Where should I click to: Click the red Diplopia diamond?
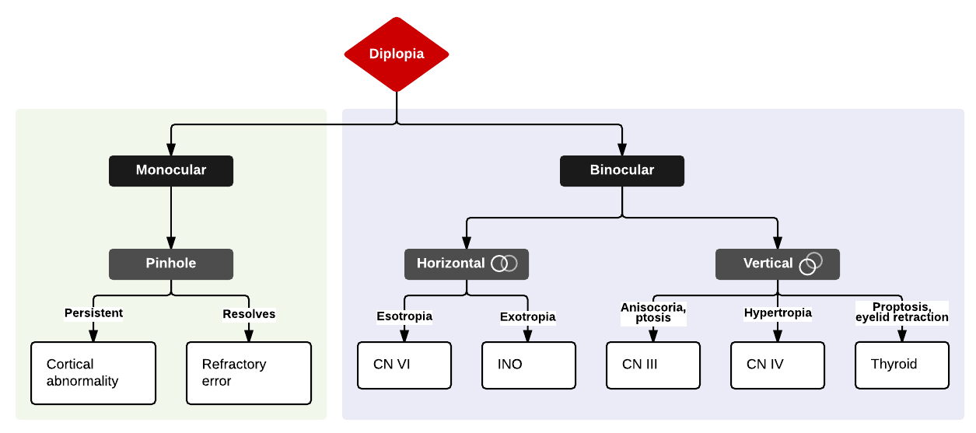click(397, 54)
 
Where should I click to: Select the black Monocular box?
click(171, 170)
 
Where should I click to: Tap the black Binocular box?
click(622, 170)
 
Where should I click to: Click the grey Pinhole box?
click(171, 264)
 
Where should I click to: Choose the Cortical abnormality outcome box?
click(93, 373)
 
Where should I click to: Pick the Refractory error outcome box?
click(249, 373)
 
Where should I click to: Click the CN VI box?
click(404, 365)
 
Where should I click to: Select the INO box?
click(529, 365)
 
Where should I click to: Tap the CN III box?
click(653, 365)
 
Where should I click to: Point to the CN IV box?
click(778, 365)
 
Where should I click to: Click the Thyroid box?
click(902, 365)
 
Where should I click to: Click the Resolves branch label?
click(249, 314)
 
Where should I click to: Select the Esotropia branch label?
click(404, 316)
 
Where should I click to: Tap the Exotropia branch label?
click(528, 316)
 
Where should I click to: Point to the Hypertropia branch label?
click(778, 313)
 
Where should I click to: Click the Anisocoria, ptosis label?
click(653, 313)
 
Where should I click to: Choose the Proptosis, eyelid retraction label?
click(902, 312)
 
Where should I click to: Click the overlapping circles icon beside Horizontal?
click(504, 264)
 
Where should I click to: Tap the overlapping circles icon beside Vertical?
click(811, 264)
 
